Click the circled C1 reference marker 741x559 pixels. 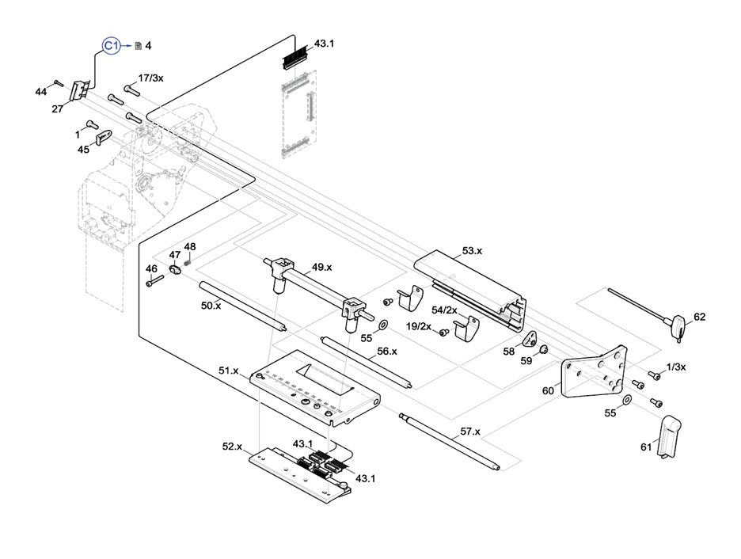click(x=112, y=46)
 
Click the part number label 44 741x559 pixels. click(x=41, y=92)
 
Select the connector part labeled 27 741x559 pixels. click(x=79, y=91)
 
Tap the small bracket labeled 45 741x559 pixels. click(x=103, y=139)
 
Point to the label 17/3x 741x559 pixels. click(x=150, y=78)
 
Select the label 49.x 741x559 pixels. click(x=321, y=267)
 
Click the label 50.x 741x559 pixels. click(x=211, y=305)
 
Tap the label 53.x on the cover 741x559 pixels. click(x=472, y=250)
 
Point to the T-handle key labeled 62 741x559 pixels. click(x=679, y=325)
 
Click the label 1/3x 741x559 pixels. click(x=676, y=366)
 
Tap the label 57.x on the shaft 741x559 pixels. click(x=470, y=432)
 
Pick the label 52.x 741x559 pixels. click(x=232, y=447)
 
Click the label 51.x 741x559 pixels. click(x=229, y=370)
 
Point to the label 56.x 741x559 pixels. click(x=387, y=351)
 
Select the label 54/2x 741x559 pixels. click(x=444, y=310)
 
